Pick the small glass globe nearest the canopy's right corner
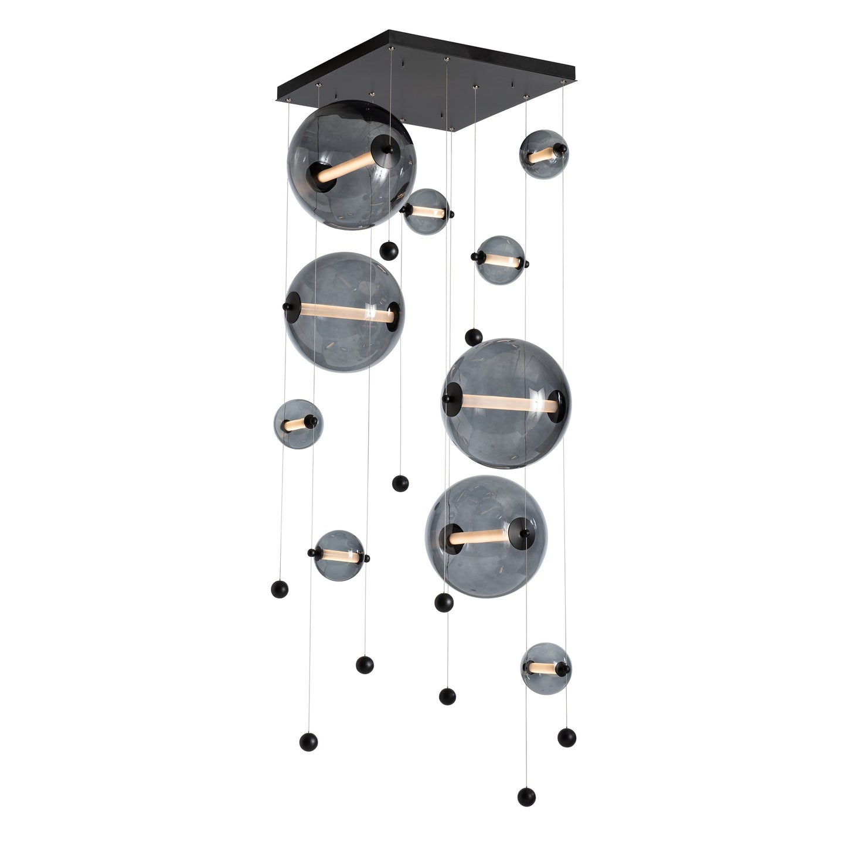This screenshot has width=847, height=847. tap(543, 154)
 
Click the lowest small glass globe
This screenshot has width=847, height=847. tap(546, 668)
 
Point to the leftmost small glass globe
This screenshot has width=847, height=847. tap(298, 422)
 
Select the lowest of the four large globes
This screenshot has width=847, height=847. tap(487, 536)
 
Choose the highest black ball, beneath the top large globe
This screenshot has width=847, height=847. tap(389, 251)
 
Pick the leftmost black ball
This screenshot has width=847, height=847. tap(280, 589)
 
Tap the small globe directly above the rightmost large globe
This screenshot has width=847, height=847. tap(500, 260)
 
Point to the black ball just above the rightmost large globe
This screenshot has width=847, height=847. tap(474, 338)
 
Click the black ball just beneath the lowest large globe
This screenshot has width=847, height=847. tap(444, 602)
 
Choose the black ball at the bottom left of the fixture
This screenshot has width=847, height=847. tap(308, 741)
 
